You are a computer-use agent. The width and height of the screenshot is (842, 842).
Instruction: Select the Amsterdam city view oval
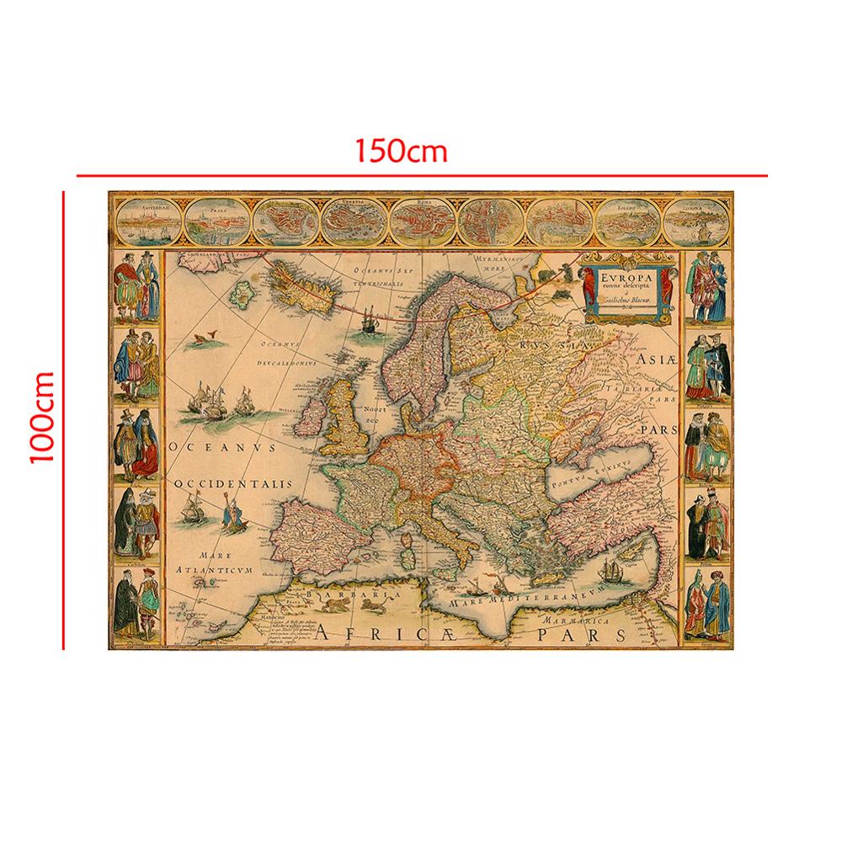147,221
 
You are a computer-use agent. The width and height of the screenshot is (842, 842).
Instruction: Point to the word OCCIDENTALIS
233,485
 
